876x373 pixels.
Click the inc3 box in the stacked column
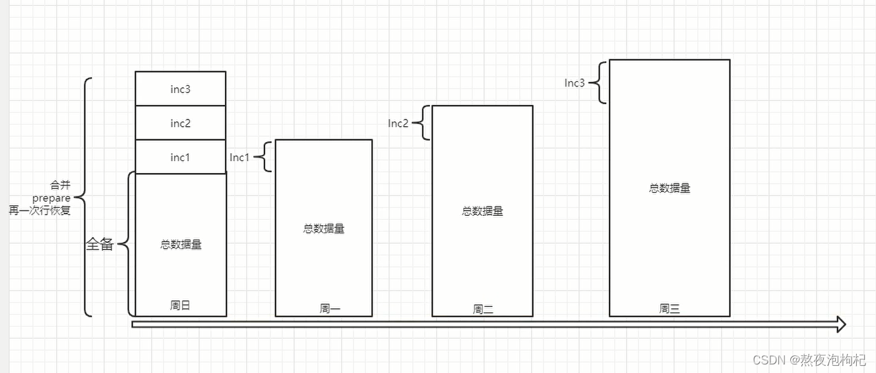180,89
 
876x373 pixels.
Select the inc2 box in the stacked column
180,123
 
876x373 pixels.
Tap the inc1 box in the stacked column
180,157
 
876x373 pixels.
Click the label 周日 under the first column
180,305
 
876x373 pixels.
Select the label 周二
483,308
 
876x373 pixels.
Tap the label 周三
669,308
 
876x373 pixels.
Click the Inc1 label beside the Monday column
239,157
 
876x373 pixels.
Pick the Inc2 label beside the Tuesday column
398,123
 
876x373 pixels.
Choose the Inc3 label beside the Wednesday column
574,83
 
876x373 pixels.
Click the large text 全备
100,244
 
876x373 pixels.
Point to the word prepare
51,198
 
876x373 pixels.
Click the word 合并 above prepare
60,186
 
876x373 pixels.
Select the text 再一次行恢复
40,211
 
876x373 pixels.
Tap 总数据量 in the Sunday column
181,244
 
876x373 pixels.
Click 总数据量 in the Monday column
323,229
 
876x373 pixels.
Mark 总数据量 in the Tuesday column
482,211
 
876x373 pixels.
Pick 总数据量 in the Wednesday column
670,188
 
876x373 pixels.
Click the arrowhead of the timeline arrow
840,323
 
